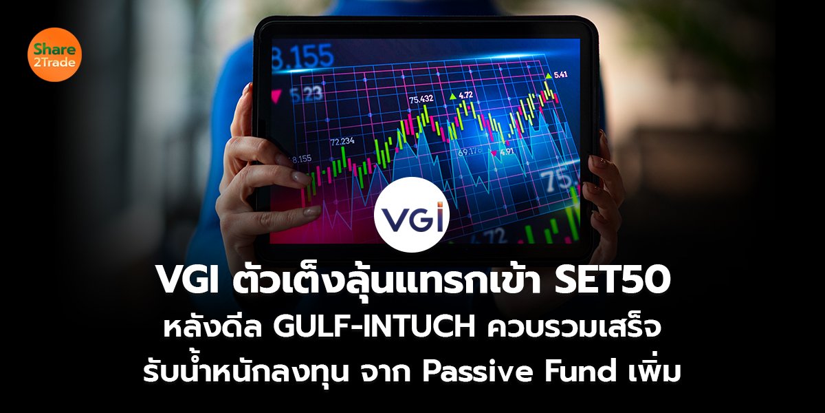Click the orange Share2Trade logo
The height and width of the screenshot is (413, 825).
[55, 55]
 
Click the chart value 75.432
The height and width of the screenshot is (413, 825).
[421, 100]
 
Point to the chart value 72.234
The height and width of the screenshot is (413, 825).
[342, 141]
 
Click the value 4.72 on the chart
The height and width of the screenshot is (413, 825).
[465, 95]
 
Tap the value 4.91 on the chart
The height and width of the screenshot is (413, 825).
[507, 151]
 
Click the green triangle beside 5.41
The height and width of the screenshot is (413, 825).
[548, 74]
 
